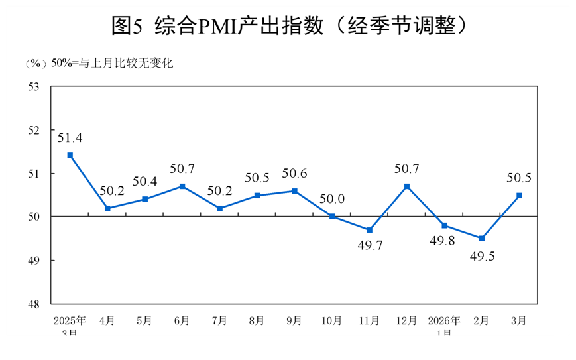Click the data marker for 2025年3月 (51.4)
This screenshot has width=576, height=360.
click(x=70, y=155)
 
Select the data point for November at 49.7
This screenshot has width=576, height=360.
click(x=369, y=230)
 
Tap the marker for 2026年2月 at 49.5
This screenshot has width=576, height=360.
click(x=482, y=238)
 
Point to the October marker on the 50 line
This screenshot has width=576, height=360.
click(x=332, y=216)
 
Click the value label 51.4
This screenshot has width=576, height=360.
click(x=70, y=138)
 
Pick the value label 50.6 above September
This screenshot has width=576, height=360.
click(x=294, y=174)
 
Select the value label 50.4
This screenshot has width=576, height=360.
click(x=144, y=182)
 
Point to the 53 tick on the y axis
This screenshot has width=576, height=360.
click(x=34, y=86)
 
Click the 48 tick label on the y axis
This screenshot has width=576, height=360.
click(x=34, y=304)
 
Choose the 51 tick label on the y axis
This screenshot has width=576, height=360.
click(x=34, y=173)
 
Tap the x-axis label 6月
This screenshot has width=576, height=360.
click(x=182, y=320)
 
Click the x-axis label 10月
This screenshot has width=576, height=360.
click(x=332, y=320)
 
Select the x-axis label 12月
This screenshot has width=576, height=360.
click(x=407, y=320)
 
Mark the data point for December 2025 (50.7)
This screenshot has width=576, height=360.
click(x=407, y=186)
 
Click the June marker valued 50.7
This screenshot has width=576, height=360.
click(x=182, y=186)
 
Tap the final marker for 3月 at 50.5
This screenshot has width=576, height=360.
click(x=519, y=195)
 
